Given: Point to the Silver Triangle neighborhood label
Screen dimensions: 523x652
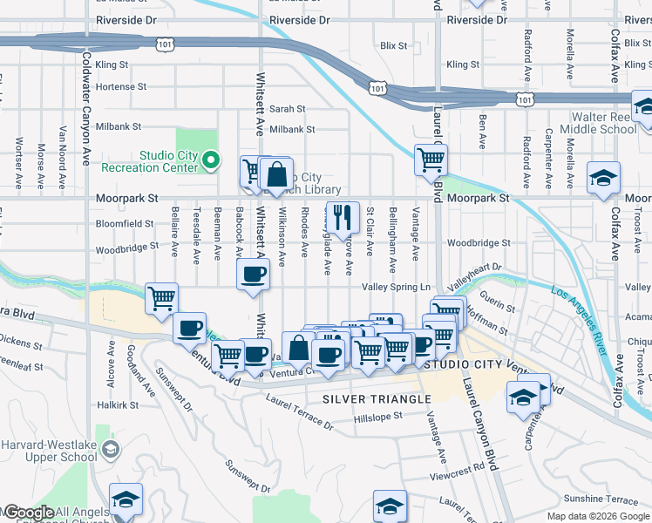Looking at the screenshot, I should [377, 399].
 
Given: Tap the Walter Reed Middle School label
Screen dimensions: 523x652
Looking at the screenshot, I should [604, 123].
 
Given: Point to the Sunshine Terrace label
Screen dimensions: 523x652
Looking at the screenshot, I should [601, 499].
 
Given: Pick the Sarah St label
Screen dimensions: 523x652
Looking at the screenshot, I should [287, 109].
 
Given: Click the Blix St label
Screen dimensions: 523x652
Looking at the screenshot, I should [394, 45].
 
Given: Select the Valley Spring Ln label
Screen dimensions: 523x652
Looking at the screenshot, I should [397, 287].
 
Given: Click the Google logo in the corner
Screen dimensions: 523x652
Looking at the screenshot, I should [28, 513].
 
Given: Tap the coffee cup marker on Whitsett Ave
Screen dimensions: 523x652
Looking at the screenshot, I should [254, 274].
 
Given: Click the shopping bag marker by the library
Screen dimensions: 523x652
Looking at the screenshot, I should [276, 174].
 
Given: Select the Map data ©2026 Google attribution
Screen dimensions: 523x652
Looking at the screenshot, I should [598, 516].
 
